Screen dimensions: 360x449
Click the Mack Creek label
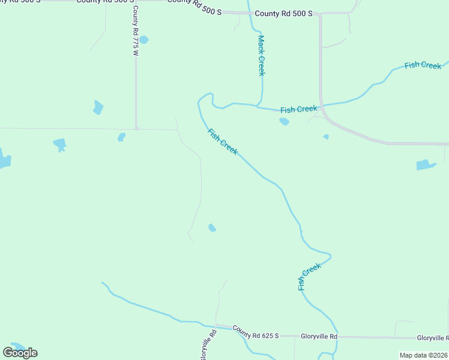coord(261,55)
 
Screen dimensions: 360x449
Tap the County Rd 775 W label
coord(136,31)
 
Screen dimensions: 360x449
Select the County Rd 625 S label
coord(256,332)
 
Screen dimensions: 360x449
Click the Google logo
coord(20,352)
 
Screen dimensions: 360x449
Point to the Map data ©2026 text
coord(423,355)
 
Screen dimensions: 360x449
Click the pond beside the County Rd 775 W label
coord(143,40)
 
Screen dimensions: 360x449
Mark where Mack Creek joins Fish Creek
coord(259,106)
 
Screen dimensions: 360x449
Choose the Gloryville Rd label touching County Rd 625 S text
coord(319,337)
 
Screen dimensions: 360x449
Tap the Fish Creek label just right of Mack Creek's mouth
coord(298,109)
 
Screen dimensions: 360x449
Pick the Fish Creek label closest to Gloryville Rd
coord(310,277)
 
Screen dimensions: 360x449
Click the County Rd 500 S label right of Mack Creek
coord(283,13)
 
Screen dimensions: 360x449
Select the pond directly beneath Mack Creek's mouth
coord(284,121)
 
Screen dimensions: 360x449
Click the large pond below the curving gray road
coord(426,164)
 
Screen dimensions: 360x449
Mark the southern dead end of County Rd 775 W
coord(137,128)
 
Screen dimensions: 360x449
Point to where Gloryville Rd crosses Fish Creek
coord(337,337)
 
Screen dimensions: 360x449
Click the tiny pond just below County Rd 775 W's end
coord(121,137)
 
